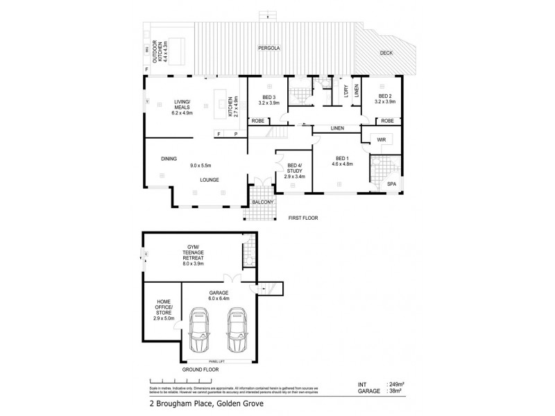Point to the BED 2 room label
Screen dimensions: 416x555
click(385, 98)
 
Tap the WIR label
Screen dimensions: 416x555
click(381, 139)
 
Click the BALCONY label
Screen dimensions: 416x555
click(263, 202)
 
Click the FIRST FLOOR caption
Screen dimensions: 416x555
click(303, 218)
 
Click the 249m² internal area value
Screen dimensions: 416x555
click(395, 383)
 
